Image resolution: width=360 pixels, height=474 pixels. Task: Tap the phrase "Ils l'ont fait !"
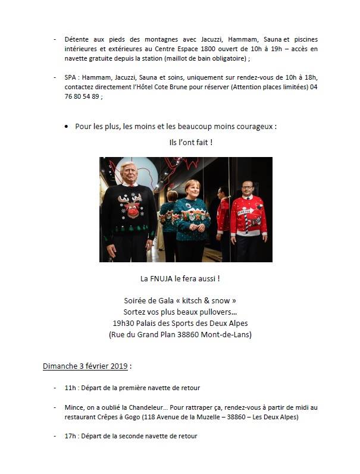tap(190, 143)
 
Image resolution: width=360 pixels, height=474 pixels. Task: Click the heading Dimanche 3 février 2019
tap(87, 365)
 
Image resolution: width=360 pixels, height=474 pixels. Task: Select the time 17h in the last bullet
tap(70, 436)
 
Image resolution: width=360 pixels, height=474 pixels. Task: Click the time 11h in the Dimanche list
tap(70, 388)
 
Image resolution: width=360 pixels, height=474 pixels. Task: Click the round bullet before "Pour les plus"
tap(66, 127)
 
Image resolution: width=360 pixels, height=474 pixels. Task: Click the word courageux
tap(259, 127)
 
